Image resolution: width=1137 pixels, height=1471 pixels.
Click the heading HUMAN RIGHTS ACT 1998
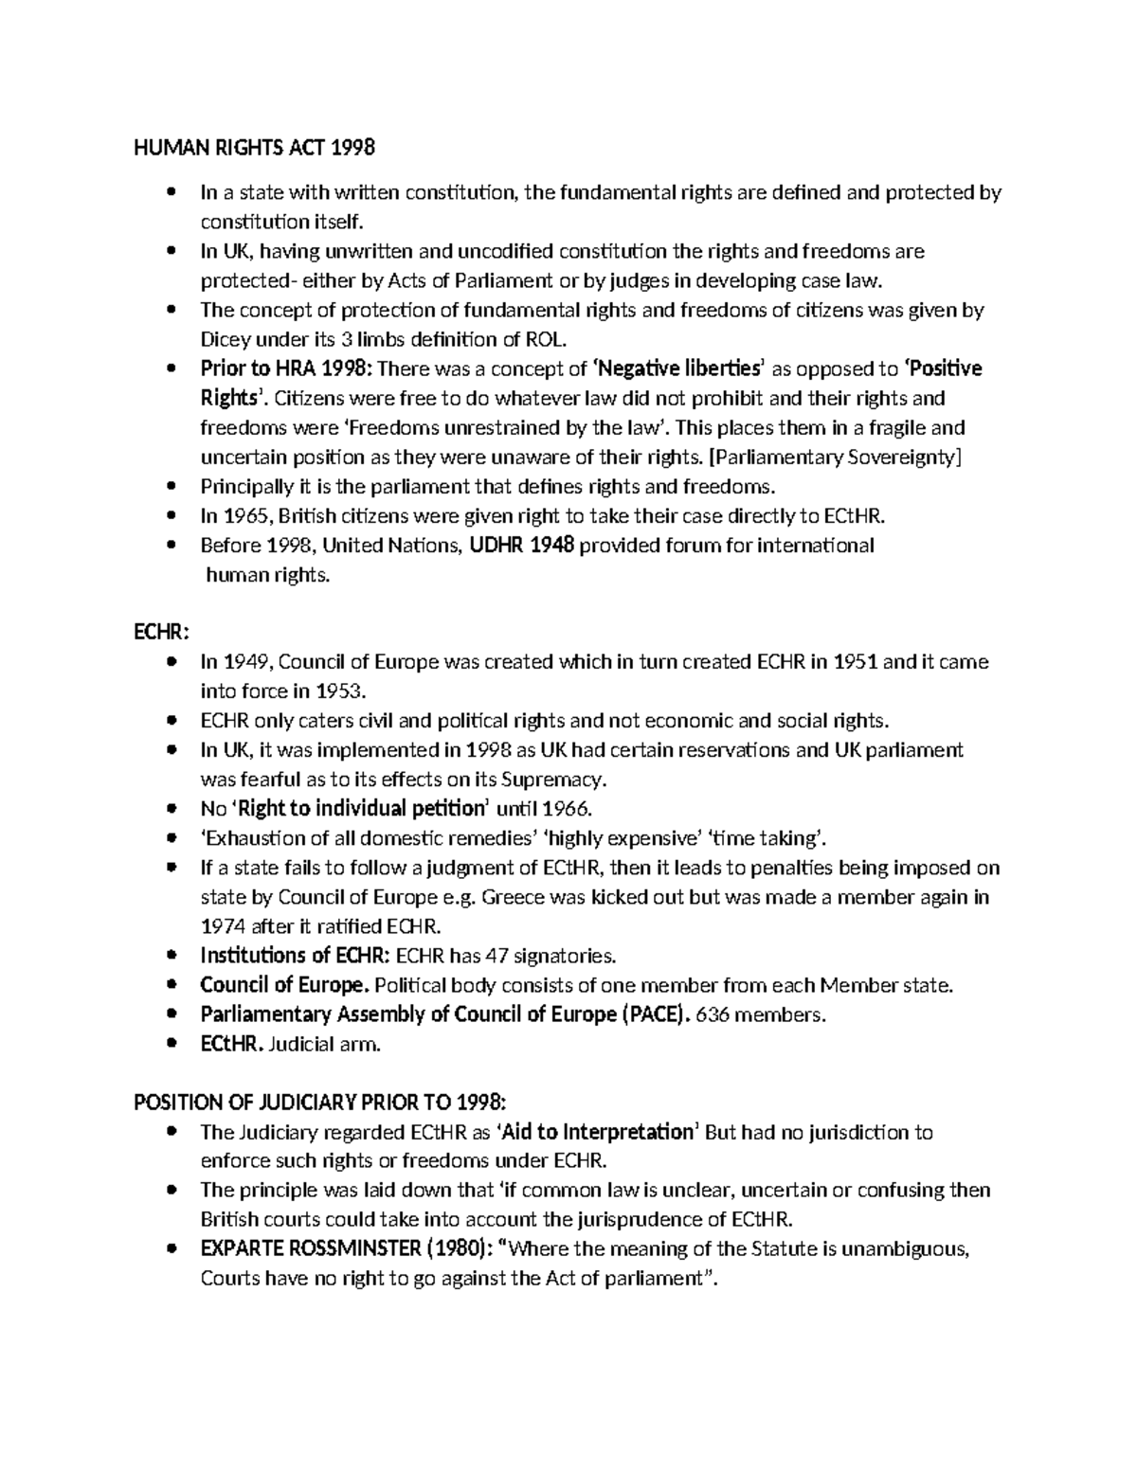255,148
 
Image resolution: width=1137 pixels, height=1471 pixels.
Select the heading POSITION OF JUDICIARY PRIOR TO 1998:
320,1103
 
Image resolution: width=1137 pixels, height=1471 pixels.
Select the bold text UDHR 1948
522,546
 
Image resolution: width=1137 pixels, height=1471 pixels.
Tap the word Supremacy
551,780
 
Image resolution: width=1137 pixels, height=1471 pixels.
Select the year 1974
223,926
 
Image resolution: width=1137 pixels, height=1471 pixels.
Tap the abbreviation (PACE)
655,1014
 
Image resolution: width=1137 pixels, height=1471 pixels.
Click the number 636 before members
713,1014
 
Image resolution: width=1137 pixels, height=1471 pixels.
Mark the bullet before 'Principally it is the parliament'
171,487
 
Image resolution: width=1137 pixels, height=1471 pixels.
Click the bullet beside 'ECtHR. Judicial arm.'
171,1044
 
